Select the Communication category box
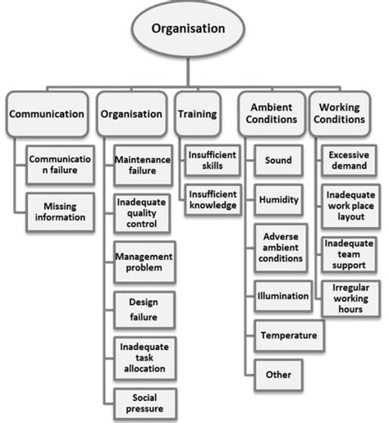pos(46,115)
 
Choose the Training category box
pos(199,115)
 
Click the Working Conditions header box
pos(342,115)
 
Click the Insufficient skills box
pos(211,160)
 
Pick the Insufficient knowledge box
pos(212,200)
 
